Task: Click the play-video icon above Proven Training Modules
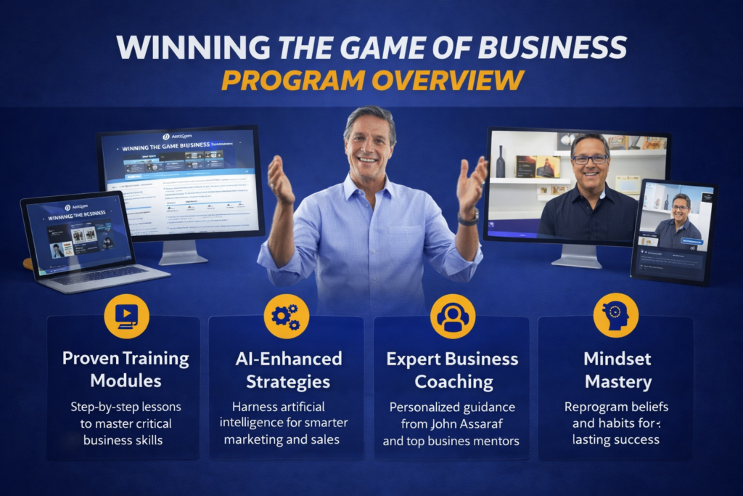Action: click(x=126, y=315)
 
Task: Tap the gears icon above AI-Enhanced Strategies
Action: click(x=286, y=315)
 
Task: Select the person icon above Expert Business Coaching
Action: click(x=452, y=316)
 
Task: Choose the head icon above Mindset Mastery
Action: click(x=615, y=315)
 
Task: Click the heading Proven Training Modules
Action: click(x=126, y=369)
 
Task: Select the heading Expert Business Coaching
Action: click(x=452, y=370)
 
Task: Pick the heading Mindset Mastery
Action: click(x=617, y=370)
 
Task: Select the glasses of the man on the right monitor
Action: click(x=590, y=158)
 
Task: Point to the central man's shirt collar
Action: click(x=370, y=184)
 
